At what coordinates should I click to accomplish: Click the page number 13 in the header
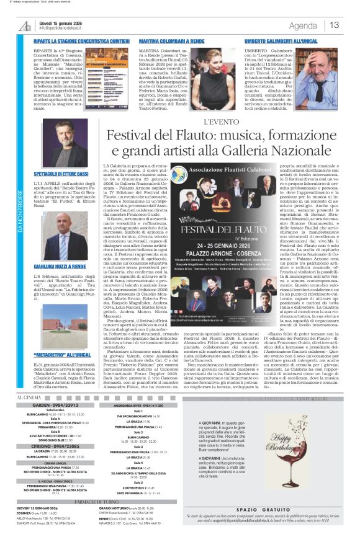335,25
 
